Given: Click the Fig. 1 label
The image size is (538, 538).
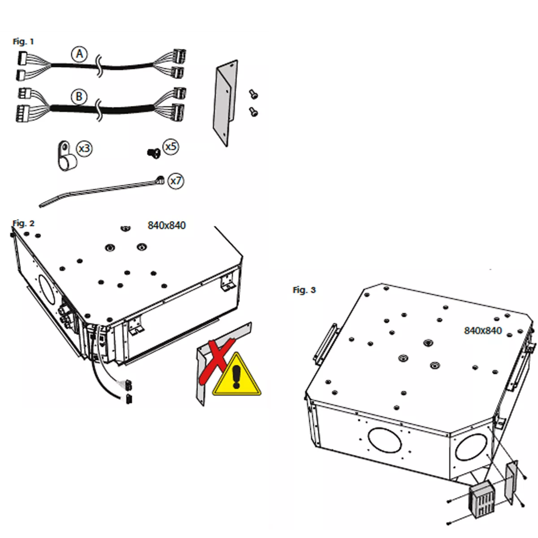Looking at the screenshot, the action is [23, 42].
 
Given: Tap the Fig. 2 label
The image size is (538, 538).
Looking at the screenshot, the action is [23, 223].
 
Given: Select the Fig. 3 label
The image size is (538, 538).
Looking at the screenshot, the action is [304, 290].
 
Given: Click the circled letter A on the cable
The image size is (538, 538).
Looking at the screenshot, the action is [79, 54].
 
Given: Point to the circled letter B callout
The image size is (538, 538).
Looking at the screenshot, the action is [79, 96].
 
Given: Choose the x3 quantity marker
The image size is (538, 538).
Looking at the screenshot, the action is [84, 148].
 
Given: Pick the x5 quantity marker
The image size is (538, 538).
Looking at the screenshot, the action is [170, 147].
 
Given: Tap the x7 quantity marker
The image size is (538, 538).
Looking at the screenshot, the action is [176, 181].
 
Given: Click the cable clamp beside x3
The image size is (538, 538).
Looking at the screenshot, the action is [66, 156].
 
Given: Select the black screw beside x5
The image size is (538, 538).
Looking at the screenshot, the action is [154, 153].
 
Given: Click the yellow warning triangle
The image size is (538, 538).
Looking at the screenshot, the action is [236, 376].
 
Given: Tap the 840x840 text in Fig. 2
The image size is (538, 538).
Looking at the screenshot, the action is [166, 226].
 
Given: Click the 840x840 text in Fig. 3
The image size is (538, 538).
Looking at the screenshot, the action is [483, 330].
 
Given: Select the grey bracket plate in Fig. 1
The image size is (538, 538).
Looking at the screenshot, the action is [225, 103].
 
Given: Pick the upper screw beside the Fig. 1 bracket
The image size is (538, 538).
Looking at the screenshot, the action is [253, 94].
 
